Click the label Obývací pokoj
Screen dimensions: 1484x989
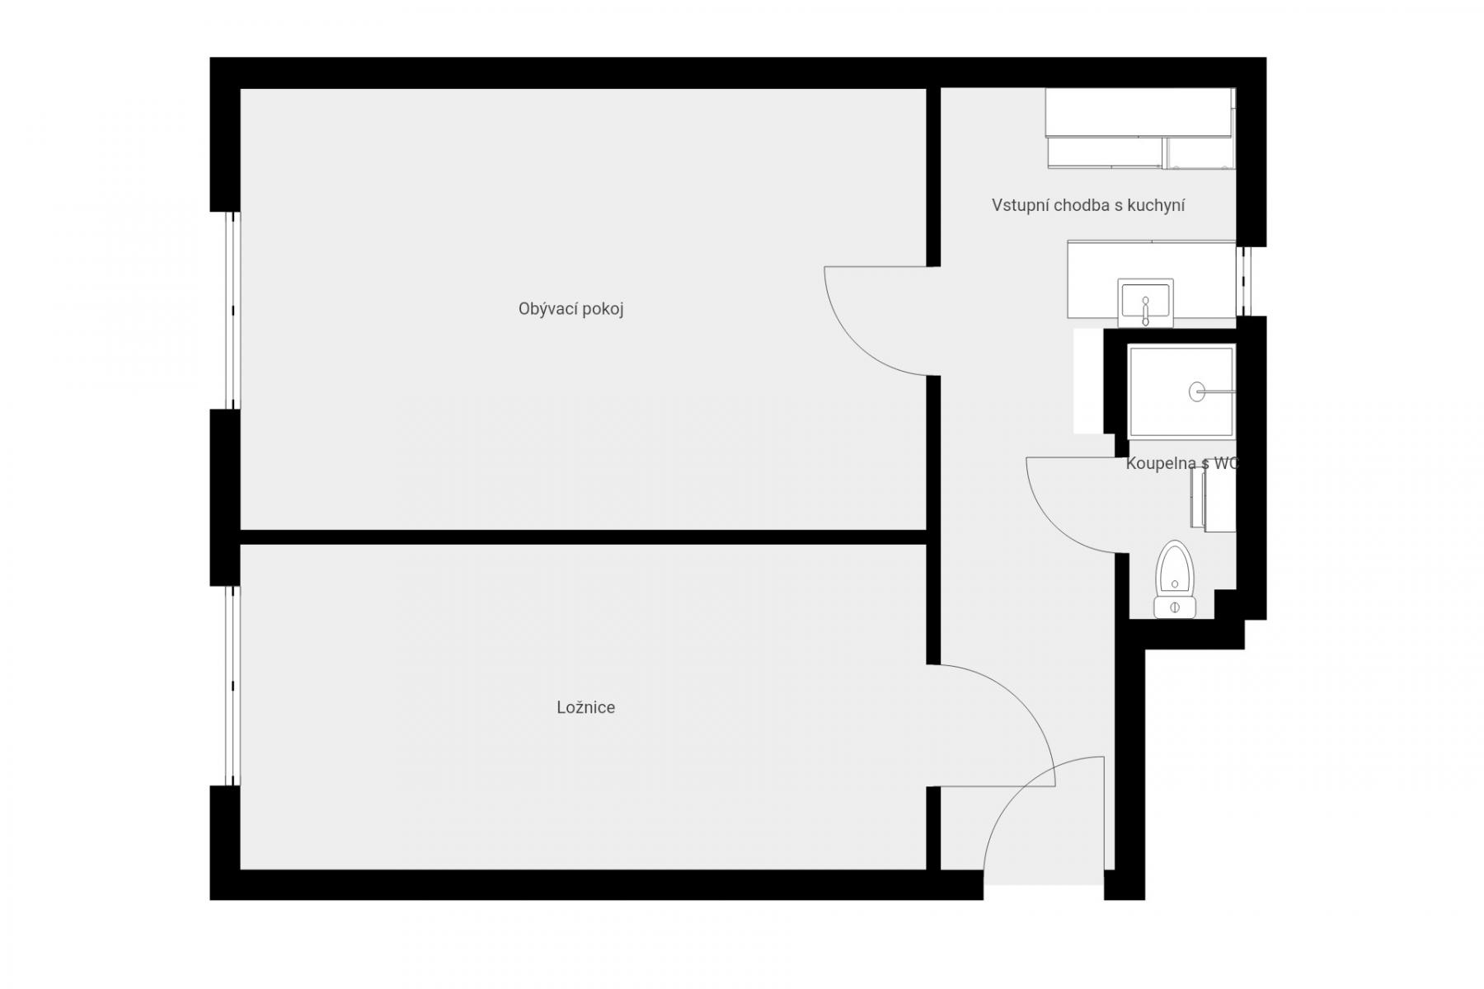tap(571, 309)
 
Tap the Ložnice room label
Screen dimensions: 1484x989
tap(585, 707)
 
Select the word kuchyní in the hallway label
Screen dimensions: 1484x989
tap(1157, 205)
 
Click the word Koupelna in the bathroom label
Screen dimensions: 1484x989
tap(1161, 463)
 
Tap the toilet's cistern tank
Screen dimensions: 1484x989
tap(1174, 607)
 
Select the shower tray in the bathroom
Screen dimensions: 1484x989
tap(1181, 391)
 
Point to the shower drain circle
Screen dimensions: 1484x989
tap(1196, 391)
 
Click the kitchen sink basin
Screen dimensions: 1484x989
tap(1145, 303)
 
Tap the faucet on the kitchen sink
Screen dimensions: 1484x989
tap(1145, 311)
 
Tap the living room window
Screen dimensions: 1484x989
tap(233, 311)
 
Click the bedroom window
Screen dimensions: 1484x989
tap(233, 686)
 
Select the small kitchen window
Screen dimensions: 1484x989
tap(1247, 281)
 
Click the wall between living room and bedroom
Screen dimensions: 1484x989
tap(584, 537)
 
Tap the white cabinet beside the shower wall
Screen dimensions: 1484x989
tap(1088, 381)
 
